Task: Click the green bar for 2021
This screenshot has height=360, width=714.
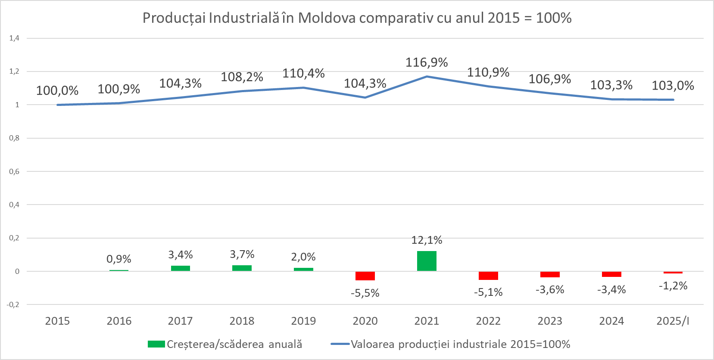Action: (x=427, y=261)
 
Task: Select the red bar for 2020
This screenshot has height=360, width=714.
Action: (x=365, y=276)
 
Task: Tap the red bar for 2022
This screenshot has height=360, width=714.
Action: (x=488, y=276)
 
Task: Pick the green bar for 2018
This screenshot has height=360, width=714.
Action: (x=242, y=268)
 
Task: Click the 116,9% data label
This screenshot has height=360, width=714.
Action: (x=427, y=63)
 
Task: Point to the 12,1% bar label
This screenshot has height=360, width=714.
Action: (x=427, y=240)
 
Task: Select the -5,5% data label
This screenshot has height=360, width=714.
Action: (x=365, y=293)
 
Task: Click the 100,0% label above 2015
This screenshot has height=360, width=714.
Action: (x=57, y=91)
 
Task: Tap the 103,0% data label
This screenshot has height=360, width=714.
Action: (x=673, y=86)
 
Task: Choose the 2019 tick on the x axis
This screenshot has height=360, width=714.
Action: (x=303, y=321)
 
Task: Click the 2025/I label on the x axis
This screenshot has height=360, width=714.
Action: (x=673, y=321)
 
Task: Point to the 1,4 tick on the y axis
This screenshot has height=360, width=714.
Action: (x=14, y=38)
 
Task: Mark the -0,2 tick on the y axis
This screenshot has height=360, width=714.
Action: (x=13, y=304)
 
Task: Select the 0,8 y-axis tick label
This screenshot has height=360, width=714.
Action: (x=14, y=138)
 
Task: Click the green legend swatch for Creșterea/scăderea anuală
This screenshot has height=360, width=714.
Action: (x=156, y=344)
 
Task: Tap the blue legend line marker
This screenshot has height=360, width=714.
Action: (x=340, y=344)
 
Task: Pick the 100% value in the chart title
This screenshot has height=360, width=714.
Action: (x=554, y=18)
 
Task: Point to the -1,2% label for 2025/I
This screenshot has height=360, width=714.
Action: (x=673, y=286)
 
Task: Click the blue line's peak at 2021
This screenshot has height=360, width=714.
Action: (x=427, y=77)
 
